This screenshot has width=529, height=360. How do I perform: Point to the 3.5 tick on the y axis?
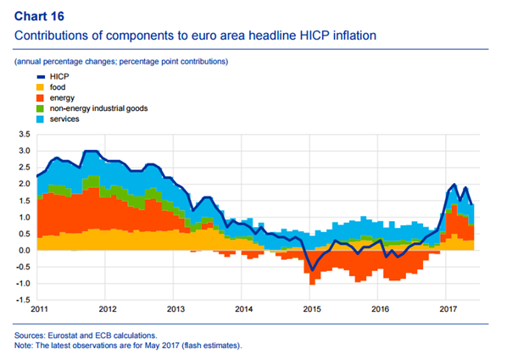point(24,134)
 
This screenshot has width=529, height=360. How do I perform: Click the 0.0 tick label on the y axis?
point(24,251)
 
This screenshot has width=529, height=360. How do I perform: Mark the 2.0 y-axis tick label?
point(24,184)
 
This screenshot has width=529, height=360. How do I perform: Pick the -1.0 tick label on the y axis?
point(22,284)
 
